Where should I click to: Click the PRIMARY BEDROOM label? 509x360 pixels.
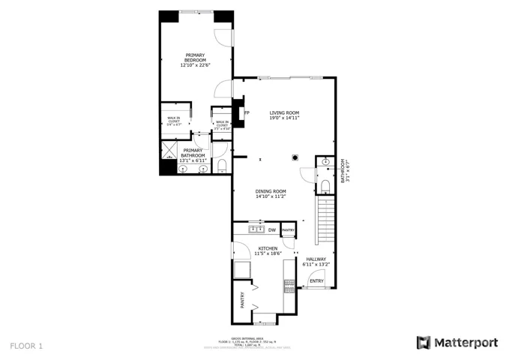click(195, 60)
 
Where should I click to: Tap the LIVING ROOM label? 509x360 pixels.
click(285, 115)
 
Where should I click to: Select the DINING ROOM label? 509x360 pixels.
click(271, 193)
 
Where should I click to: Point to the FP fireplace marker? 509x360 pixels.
click(247, 113)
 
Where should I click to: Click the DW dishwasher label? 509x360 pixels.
click(272, 229)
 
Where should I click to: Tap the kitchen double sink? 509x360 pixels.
click(256, 229)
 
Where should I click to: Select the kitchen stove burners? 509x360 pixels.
click(289, 284)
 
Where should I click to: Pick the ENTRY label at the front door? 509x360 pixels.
click(316, 281)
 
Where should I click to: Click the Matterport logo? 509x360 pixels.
click(457, 343)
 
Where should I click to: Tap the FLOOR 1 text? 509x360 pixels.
click(27, 346)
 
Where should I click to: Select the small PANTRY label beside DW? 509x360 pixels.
click(288, 230)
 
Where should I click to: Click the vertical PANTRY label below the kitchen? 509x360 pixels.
click(242, 300)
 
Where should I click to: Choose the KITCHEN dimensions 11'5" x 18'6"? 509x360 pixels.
click(268, 253)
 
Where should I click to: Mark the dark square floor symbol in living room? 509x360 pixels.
click(295, 157)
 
